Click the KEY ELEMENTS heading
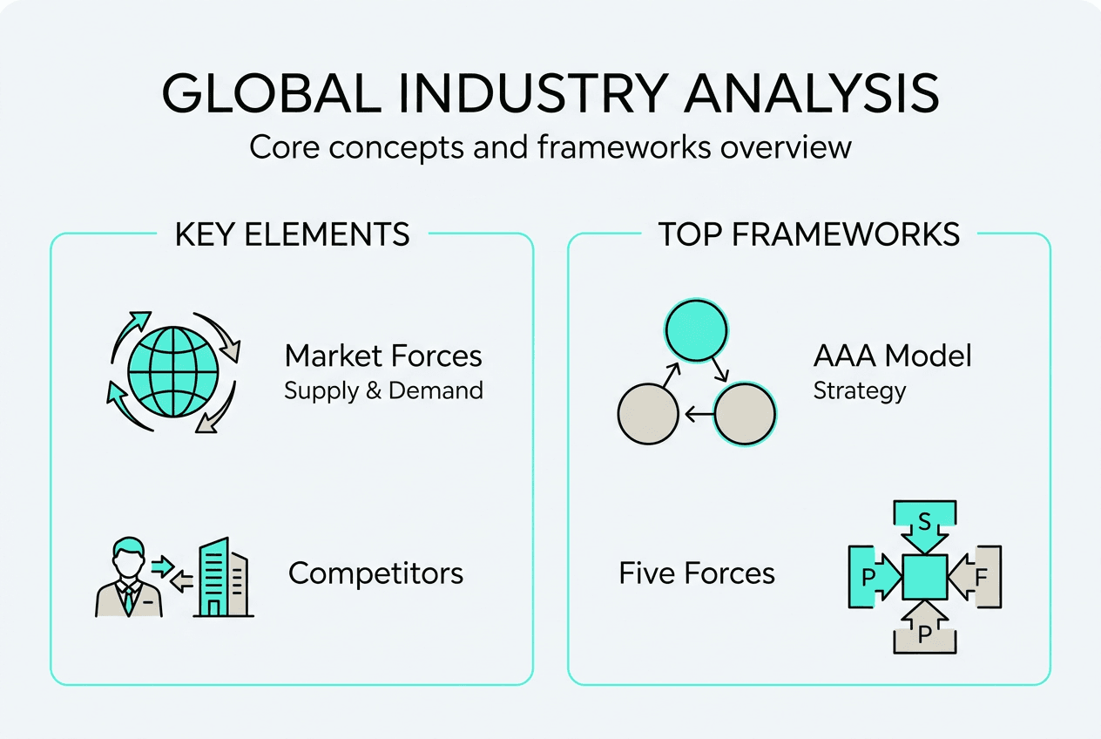point(292,234)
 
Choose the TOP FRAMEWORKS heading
point(809,234)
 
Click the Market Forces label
point(383,356)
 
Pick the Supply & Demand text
point(383,390)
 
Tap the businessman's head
point(128,557)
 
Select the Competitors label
point(375,573)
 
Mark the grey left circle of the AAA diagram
point(647,415)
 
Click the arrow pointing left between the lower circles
point(697,416)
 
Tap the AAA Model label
point(892,356)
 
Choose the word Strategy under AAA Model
point(859,390)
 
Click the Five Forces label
point(697,573)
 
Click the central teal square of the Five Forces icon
point(924,577)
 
